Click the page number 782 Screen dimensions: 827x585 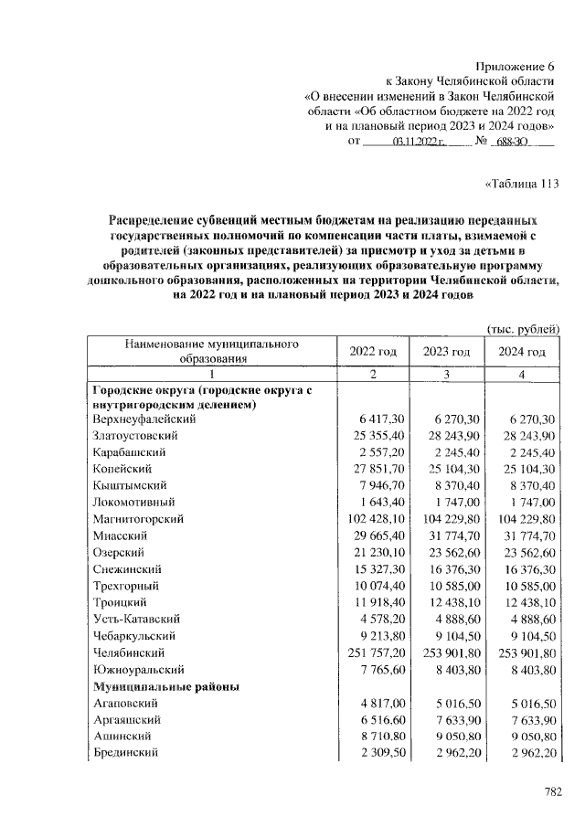553,791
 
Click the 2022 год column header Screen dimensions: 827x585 373,352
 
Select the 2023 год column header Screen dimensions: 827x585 447,352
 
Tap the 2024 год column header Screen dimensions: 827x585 522,352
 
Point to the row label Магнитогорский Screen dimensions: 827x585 138,519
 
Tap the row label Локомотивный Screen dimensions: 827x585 134,503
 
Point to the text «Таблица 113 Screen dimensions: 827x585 520,183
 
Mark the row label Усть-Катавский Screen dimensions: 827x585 138,620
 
